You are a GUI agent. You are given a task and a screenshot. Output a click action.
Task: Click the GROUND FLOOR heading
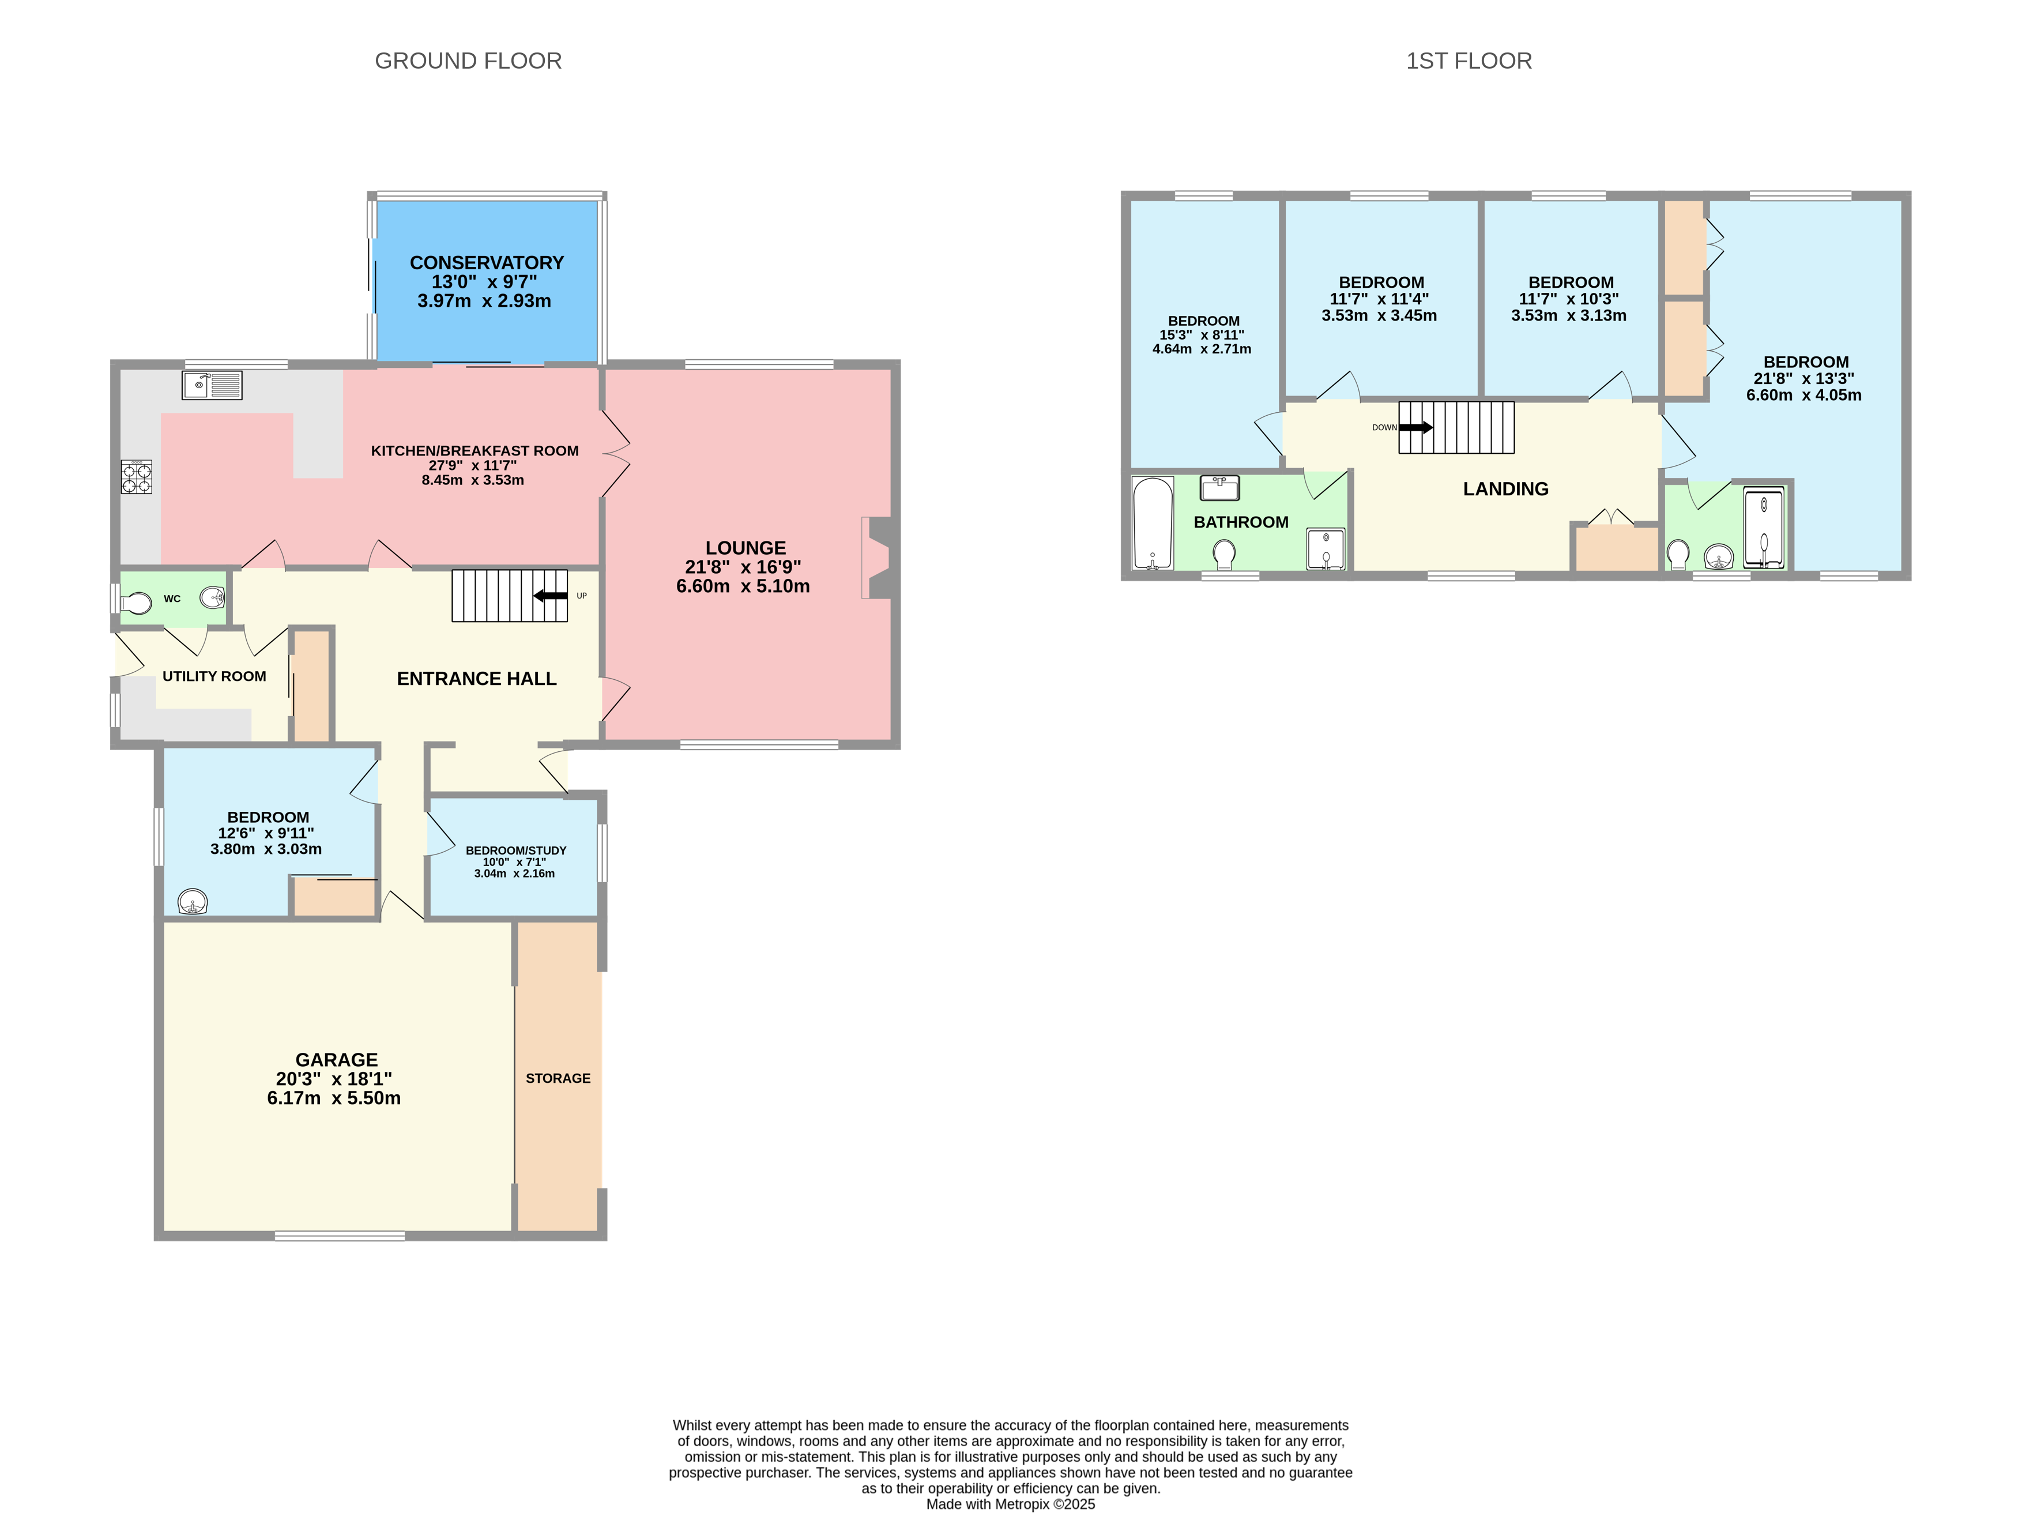tap(468, 61)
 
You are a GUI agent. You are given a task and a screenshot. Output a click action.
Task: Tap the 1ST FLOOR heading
tap(1468, 61)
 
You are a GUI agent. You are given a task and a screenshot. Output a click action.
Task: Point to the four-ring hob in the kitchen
tap(136, 476)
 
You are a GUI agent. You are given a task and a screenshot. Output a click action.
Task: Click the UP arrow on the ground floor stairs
tap(551, 596)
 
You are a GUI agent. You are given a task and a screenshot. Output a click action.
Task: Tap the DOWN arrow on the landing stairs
tap(1416, 427)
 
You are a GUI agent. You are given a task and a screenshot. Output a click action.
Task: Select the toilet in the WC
tap(137, 603)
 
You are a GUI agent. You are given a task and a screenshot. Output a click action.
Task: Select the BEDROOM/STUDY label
tap(515, 850)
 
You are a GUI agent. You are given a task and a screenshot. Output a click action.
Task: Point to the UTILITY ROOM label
tap(214, 676)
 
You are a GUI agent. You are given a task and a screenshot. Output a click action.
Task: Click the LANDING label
tap(1505, 489)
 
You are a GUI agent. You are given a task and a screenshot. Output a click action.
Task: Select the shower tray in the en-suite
tap(1763, 528)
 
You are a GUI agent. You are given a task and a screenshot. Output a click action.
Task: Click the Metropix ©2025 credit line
tap(1010, 1504)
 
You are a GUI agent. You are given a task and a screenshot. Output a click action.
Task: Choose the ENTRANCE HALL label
tap(476, 678)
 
